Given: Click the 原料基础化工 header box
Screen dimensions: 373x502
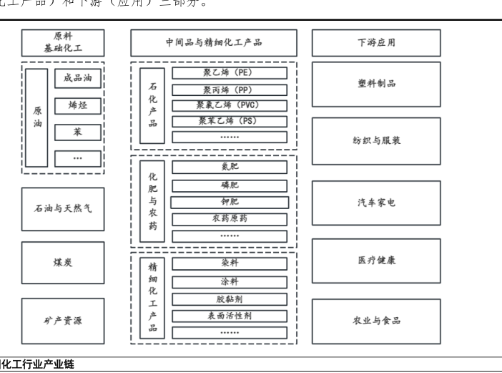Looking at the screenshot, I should pyautogui.click(x=63, y=43).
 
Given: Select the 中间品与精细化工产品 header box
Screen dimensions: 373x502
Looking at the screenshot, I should pyautogui.click(x=214, y=43).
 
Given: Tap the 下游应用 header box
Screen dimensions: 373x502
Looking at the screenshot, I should pyautogui.click(x=376, y=43).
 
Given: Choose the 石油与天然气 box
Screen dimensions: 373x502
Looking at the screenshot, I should pyautogui.click(x=63, y=209).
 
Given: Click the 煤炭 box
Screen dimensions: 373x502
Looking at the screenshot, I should pyautogui.click(x=63, y=263).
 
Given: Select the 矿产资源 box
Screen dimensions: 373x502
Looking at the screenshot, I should pyautogui.click(x=63, y=320).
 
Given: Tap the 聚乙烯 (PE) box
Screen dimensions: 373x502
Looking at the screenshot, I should pyautogui.click(x=230, y=73).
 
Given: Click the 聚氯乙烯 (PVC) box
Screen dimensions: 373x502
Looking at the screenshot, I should pyautogui.click(x=230, y=105).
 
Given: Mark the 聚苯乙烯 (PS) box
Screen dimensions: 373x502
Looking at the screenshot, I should pyautogui.click(x=230, y=121).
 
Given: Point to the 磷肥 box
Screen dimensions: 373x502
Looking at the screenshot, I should pyautogui.click(x=230, y=185).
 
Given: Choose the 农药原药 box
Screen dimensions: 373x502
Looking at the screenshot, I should pyautogui.click(x=230, y=218).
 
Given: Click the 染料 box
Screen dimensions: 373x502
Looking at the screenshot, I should pyautogui.click(x=230, y=263).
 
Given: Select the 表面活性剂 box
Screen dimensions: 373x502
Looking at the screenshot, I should pyautogui.click(x=230, y=316).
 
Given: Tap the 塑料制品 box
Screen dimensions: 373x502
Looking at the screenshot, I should pyautogui.click(x=376, y=84).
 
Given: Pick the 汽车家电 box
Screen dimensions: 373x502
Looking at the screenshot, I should pyautogui.click(x=376, y=203).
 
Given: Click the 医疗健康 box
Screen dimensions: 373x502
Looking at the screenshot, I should pyautogui.click(x=376, y=261).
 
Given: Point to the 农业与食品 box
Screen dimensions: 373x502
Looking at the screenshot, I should pyautogui.click(x=376, y=321).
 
